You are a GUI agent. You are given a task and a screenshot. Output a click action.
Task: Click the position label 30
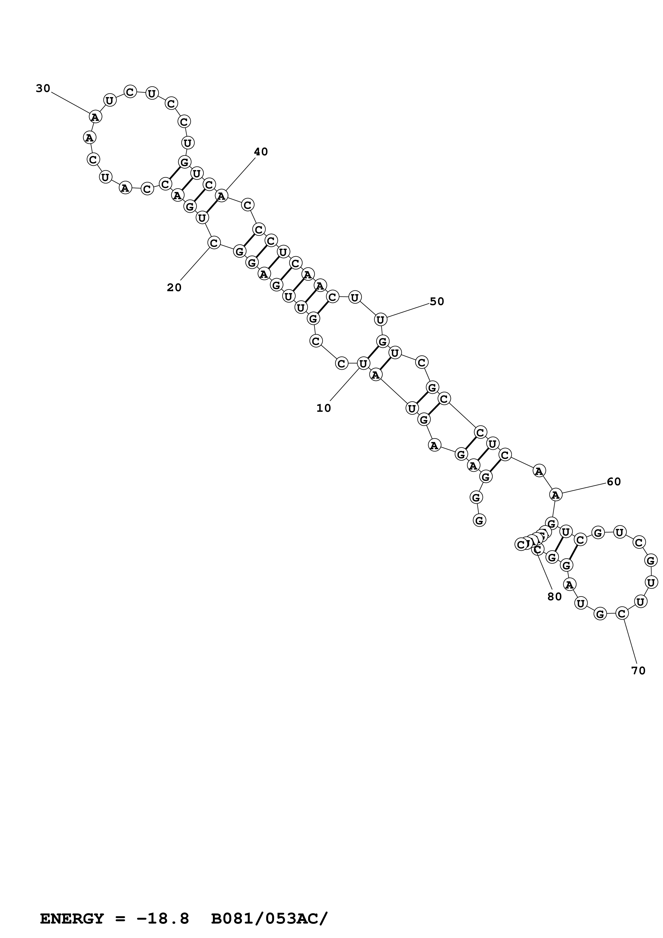[43, 88]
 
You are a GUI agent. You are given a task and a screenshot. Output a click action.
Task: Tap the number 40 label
[260, 152]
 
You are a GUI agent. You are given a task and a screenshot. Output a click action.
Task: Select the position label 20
[174, 288]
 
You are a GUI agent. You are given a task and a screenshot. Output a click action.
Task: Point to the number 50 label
[437, 302]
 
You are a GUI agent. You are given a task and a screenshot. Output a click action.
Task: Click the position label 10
[324, 408]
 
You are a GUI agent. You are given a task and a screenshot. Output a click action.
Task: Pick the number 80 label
[554, 597]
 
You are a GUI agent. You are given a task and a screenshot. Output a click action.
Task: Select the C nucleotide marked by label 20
[214, 243]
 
